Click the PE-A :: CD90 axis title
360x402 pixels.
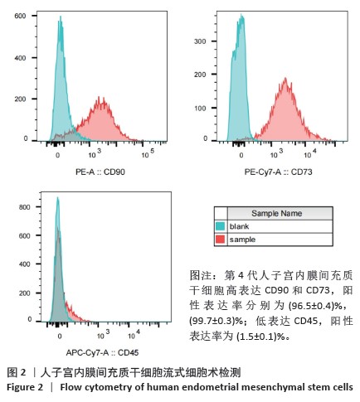pyautogui.click(x=100, y=172)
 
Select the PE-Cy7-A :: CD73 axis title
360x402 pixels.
pyautogui.click(x=278, y=172)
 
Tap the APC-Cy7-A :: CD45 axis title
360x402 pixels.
pyautogui.click(x=102, y=352)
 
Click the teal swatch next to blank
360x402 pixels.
pyautogui.click(x=221, y=226)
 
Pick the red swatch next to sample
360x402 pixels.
pyautogui.click(x=221, y=240)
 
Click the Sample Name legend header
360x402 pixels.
pyautogui.click(x=276, y=213)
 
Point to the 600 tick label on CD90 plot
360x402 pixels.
pyautogui.click(x=20, y=16)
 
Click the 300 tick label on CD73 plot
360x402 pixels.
pyautogui.click(x=200, y=41)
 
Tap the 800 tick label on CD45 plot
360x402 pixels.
pyautogui.click(x=24, y=207)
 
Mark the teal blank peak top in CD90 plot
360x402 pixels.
pyautogui.click(x=61, y=17)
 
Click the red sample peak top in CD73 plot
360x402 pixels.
pyautogui.click(x=285, y=78)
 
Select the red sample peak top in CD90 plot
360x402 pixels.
pyautogui.click(x=103, y=97)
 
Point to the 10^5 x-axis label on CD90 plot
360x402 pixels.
pyautogui.click(x=148, y=153)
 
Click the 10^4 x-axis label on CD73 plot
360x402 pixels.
pyautogui.click(x=310, y=153)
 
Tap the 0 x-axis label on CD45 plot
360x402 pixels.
pyautogui.click(x=60, y=336)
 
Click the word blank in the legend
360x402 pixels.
pyautogui.click(x=239, y=226)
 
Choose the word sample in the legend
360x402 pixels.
pyautogui.click(x=242, y=240)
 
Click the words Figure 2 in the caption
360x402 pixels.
pyautogui.click(x=25, y=387)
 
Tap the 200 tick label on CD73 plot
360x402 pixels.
pyautogui.click(x=200, y=75)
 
